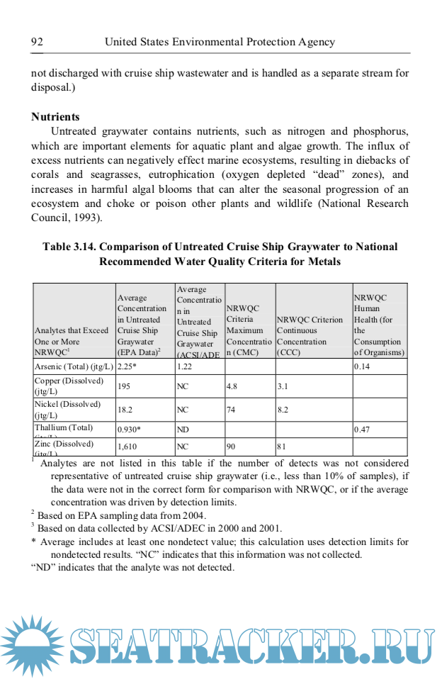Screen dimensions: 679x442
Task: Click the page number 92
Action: click(x=38, y=42)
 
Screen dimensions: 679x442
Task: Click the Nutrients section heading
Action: click(x=55, y=117)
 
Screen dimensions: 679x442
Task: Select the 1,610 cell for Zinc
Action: click(x=127, y=447)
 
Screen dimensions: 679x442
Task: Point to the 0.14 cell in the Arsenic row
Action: click(x=363, y=367)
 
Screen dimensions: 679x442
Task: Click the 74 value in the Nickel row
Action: click(x=231, y=410)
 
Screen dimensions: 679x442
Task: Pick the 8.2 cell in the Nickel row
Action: click(x=283, y=410)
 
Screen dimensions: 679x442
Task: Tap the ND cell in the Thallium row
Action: click(x=183, y=430)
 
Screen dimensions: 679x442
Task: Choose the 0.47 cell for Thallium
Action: click(x=363, y=430)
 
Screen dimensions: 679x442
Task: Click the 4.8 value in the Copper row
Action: click(x=232, y=387)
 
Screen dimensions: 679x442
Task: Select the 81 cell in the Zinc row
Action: click(x=281, y=447)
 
